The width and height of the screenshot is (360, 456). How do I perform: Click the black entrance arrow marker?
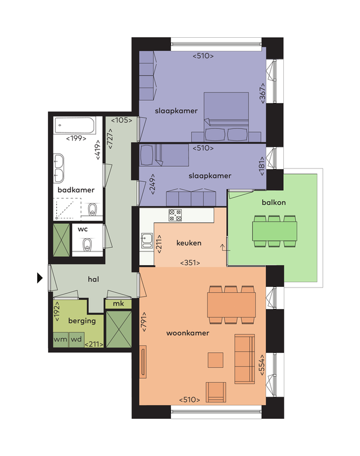pyautogui.click(x=40, y=278)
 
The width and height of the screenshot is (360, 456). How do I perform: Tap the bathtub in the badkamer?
pyautogui.click(x=75, y=125)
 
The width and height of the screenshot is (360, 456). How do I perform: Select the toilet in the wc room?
pyautogui.click(x=87, y=245)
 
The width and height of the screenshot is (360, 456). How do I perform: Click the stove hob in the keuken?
pyautogui.click(x=175, y=215)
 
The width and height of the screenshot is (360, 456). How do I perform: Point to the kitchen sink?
pyautogui.click(x=147, y=240)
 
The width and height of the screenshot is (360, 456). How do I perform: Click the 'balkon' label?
pyautogui.click(x=274, y=202)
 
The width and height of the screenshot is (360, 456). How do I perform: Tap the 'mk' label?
pyautogui.click(x=118, y=304)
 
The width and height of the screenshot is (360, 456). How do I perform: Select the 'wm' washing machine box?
pyautogui.click(x=61, y=340)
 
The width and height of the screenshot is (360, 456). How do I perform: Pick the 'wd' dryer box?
pyautogui.click(x=76, y=340)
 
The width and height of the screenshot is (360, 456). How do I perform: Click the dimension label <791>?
pyautogui.click(x=143, y=322)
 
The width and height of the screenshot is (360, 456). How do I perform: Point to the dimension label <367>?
pyautogui.click(x=262, y=93)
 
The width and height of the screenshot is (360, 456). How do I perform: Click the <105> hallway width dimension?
pyautogui.click(x=122, y=120)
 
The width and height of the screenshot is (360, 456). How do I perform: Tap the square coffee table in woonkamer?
pyautogui.click(x=215, y=360)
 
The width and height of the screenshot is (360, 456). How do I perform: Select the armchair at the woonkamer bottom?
pyautogui.click(x=216, y=392)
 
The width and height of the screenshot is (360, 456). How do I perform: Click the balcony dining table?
pyautogui.click(x=275, y=231)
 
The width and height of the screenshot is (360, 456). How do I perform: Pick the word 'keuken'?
pyautogui.click(x=189, y=243)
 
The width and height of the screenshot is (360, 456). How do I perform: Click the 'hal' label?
pyautogui.click(x=94, y=279)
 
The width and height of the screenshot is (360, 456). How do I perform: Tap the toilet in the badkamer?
pyautogui.click(x=92, y=209)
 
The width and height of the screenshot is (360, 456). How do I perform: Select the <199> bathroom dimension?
pyautogui.click(x=76, y=139)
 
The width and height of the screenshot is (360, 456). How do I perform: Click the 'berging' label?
pyautogui.click(x=82, y=321)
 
